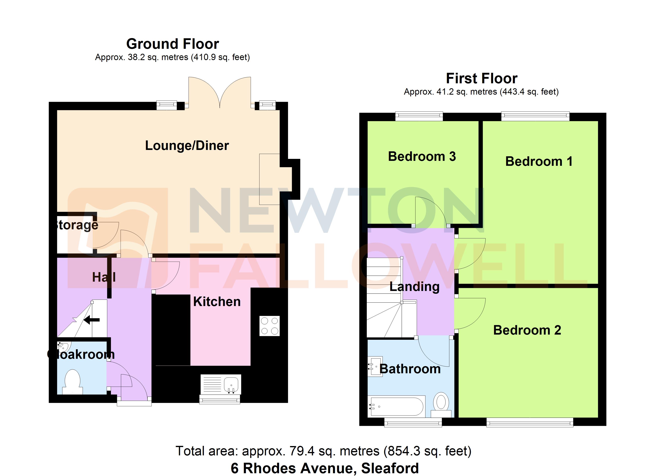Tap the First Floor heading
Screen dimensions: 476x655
click(482, 79)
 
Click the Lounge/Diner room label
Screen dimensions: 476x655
click(187, 146)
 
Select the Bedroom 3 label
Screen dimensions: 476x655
click(422, 156)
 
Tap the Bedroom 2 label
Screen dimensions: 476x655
click(527, 330)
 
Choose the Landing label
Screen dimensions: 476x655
click(414, 287)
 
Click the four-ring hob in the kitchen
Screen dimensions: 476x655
click(270, 326)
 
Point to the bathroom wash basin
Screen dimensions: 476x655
click(375, 367)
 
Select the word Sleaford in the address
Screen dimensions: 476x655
click(390, 468)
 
